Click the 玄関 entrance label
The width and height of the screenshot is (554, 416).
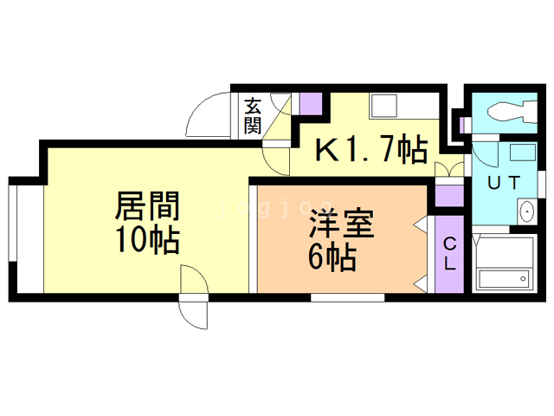pos(252,115)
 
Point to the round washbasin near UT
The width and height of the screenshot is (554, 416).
pos(526,211)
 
